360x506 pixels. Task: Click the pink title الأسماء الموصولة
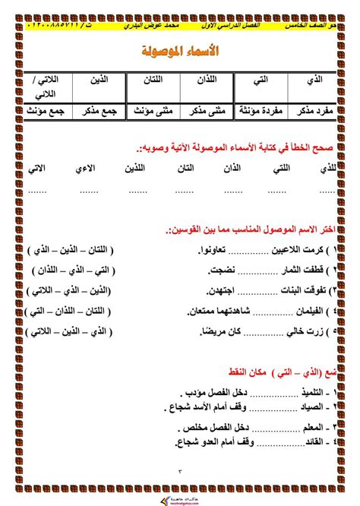[181, 52]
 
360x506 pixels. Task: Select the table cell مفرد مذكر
[311, 110]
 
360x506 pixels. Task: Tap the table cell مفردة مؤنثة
[255, 110]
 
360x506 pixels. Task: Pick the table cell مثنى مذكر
[201, 110]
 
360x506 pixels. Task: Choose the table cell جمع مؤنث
[48, 110]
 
